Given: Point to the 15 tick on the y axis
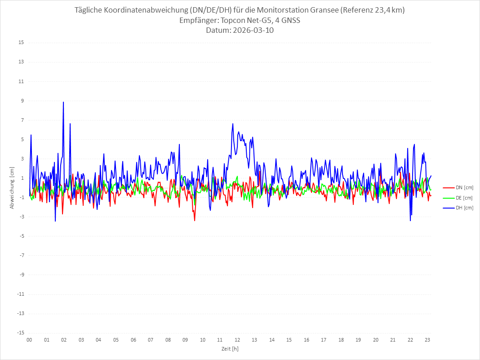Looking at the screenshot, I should [x=21, y=43].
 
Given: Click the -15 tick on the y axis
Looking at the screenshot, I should [x=20, y=333].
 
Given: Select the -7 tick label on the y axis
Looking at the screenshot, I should [x=21, y=255].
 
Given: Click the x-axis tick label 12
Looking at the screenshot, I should [x=237, y=340].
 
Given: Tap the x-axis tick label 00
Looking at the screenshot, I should [x=29, y=340].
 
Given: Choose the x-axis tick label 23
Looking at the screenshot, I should [x=428, y=340].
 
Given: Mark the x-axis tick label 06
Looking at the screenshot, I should [x=133, y=340].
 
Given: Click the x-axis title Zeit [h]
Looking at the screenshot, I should [x=230, y=349].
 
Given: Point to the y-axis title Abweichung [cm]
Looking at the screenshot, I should [x=12, y=187].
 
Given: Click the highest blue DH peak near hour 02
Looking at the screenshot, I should [x=63, y=102].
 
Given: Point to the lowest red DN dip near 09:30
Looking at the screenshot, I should [x=195, y=221].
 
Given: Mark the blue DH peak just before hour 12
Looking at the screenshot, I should [x=233, y=124].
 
